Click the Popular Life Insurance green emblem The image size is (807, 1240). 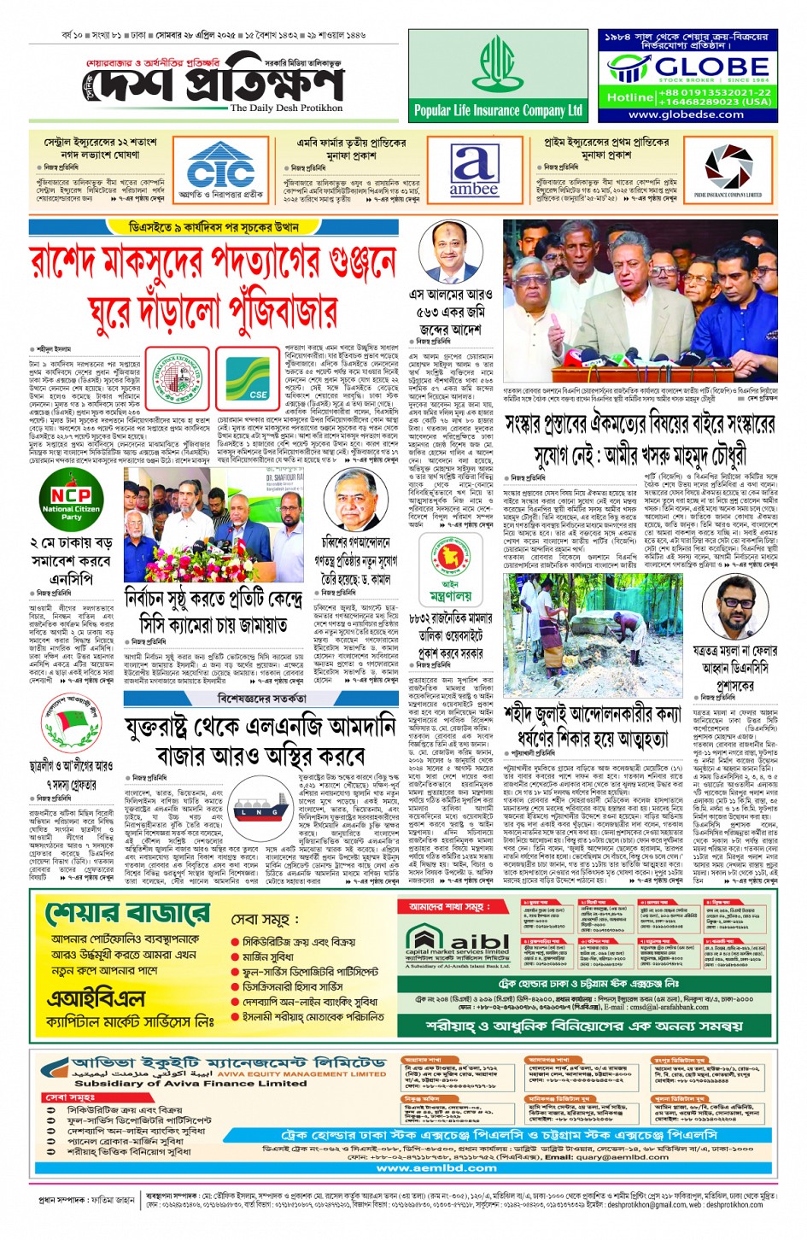[498, 65]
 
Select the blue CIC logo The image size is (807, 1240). [221, 167]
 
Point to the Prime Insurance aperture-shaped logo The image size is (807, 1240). [728, 167]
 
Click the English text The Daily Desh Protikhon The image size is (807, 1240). [286, 108]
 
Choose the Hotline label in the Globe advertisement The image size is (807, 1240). [630, 97]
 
